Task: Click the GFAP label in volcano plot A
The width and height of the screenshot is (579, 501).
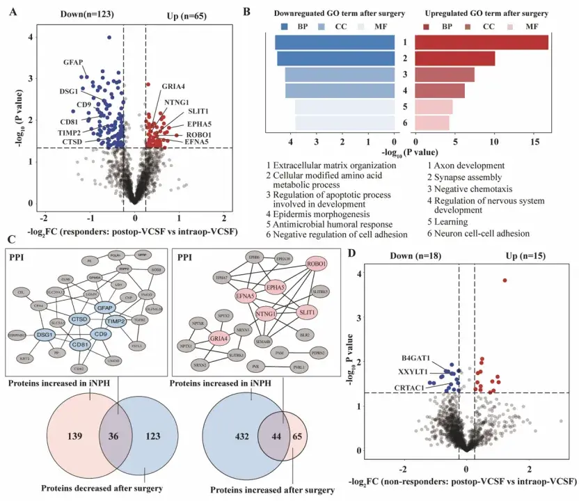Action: tap(73, 63)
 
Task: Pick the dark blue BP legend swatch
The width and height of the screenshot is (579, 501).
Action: tap(284, 26)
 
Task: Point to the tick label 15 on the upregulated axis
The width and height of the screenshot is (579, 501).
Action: tap(535, 142)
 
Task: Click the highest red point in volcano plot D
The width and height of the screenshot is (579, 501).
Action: tap(505, 280)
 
